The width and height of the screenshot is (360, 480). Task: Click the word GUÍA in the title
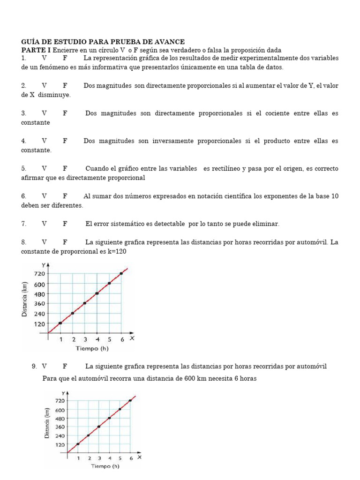click(x=30, y=42)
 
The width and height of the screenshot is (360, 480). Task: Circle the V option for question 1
click(x=44, y=58)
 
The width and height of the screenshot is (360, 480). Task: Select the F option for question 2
click(x=65, y=86)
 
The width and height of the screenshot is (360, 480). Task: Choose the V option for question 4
click(x=44, y=141)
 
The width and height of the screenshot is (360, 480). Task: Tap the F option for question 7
click(x=65, y=224)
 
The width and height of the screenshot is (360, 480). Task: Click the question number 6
click(x=23, y=196)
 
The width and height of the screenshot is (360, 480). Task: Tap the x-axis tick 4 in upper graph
click(x=97, y=339)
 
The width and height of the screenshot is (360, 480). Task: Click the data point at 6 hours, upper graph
click(x=121, y=273)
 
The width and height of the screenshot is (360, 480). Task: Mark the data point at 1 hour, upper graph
click(x=60, y=323)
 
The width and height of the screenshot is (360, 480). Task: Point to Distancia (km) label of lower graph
click(x=47, y=423)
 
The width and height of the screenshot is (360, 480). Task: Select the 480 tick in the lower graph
click(x=60, y=418)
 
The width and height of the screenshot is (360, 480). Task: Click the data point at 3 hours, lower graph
click(x=99, y=427)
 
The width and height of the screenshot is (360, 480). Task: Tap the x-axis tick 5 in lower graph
click(x=120, y=458)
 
